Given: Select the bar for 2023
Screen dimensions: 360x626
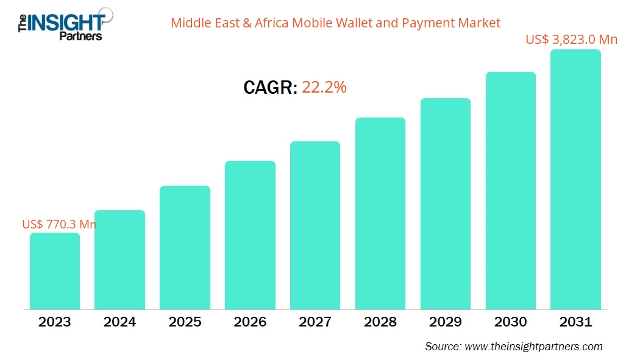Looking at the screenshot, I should pos(55,271).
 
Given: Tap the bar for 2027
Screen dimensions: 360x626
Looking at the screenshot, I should pos(315,225).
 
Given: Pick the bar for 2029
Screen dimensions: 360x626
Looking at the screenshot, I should pos(445,204).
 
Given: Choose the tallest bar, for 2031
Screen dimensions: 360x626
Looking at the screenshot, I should pos(575,180).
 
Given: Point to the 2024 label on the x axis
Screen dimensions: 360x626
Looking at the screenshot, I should pos(119,322).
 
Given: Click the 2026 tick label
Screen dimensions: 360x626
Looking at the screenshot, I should pos(250,322).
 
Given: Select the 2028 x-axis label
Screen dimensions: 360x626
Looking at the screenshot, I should pos(380,322).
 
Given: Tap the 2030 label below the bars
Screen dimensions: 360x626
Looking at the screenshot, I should pos(510,322).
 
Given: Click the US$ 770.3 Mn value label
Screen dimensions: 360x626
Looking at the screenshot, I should pos(59,224).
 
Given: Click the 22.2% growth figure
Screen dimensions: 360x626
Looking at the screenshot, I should pos(324,88).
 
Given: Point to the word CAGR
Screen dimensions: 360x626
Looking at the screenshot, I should pos(270,88).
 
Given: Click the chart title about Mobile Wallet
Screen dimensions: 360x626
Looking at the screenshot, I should pos(335,23).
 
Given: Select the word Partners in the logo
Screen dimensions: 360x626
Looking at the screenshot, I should pos(80,37).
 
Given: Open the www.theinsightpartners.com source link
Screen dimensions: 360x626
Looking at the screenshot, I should pos(533,347).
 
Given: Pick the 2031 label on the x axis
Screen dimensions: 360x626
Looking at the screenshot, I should pos(575,322).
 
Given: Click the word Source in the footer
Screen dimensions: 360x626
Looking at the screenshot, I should pos(442,347).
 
